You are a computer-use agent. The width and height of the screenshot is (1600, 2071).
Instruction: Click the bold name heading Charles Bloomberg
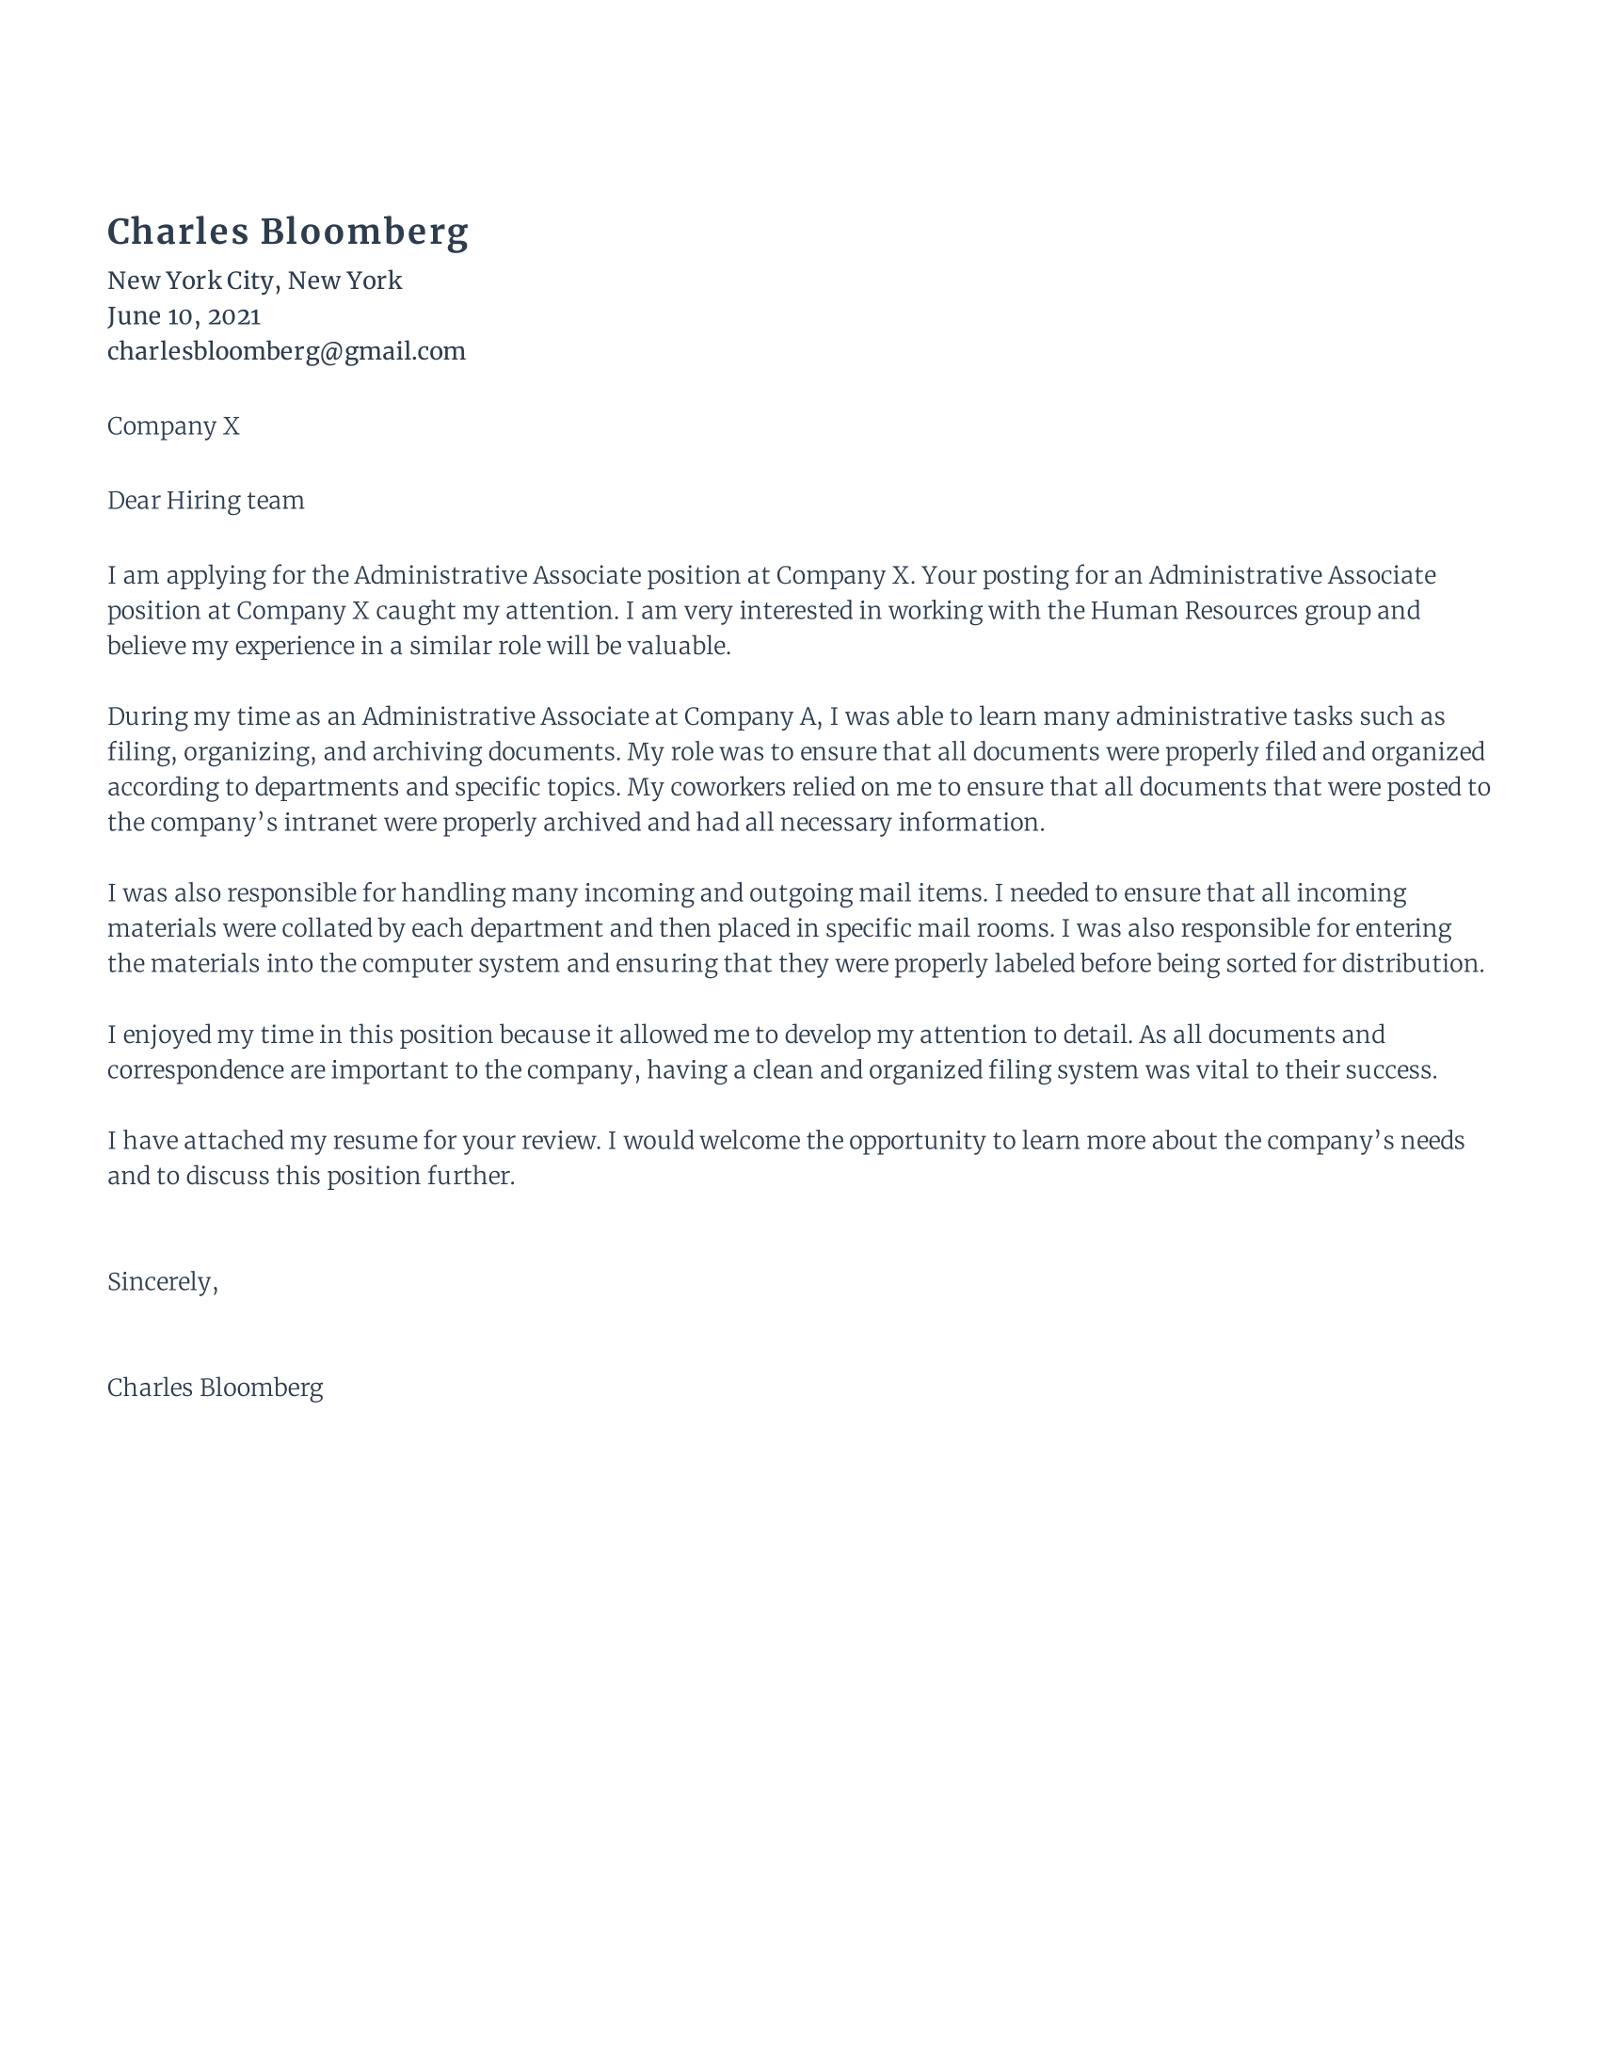pyautogui.click(x=287, y=233)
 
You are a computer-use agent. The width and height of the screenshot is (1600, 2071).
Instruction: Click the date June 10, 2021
pyautogui.click(x=183, y=315)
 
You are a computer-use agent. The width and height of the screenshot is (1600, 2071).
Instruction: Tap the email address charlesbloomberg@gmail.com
pyautogui.click(x=286, y=352)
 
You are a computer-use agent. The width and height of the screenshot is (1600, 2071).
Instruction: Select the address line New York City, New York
pyautogui.click(x=254, y=281)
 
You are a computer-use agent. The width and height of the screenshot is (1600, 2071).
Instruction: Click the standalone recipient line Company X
pyautogui.click(x=172, y=426)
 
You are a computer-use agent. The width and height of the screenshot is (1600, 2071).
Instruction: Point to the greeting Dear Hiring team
pyautogui.click(x=206, y=501)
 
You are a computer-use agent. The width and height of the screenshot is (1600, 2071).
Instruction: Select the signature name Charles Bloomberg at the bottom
pyautogui.click(x=215, y=1389)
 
